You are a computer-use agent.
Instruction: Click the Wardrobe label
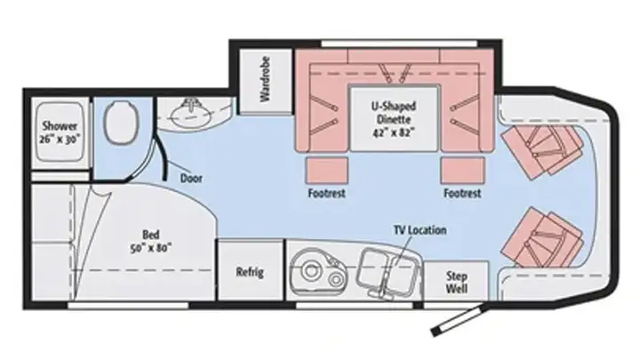point(265,79)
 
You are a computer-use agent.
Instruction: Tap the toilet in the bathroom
point(122,123)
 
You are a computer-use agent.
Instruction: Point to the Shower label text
point(60,125)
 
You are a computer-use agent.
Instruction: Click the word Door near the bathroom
point(191,179)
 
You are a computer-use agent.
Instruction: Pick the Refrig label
point(250,272)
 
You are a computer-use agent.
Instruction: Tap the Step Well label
point(457,282)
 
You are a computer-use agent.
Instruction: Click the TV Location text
point(420,230)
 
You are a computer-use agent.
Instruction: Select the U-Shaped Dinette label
point(394,113)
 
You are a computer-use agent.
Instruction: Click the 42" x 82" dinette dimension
point(394,132)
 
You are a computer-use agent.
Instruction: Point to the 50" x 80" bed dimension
point(150,248)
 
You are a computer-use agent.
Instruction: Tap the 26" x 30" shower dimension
point(60,139)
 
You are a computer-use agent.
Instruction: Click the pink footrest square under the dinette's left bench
point(326,170)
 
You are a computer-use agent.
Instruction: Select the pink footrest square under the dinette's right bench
point(462,170)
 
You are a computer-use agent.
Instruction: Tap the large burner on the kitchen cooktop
point(311,270)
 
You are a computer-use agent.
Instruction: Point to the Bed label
point(150,235)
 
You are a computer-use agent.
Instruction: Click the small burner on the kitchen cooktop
point(336,280)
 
